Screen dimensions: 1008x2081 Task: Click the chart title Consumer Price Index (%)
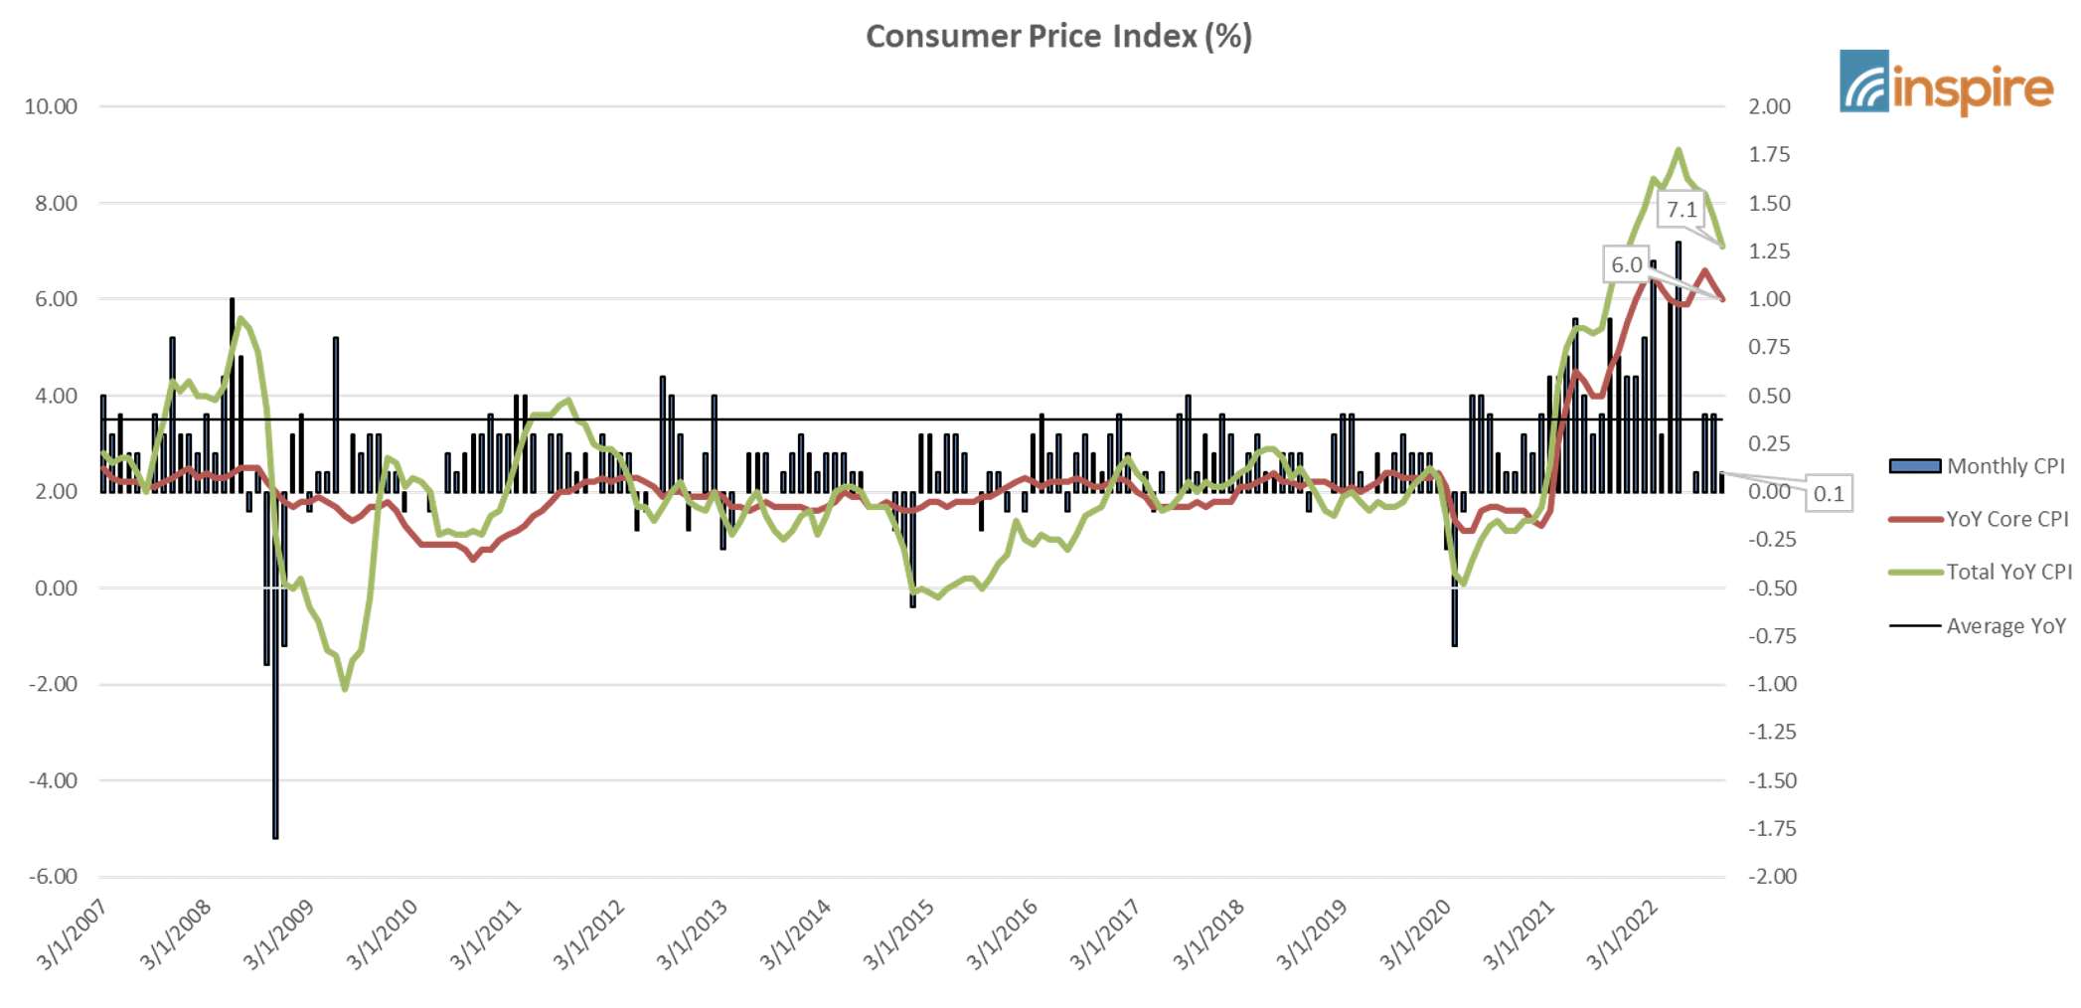pyautogui.click(x=1058, y=37)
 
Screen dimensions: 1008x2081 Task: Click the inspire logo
pyautogui.click(x=1946, y=84)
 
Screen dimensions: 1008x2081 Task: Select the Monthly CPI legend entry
pyautogui.click(x=1977, y=466)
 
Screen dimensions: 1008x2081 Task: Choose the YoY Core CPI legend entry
pyautogui.click(x=1979, y=519)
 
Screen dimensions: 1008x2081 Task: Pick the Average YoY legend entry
pyautogui.click(x=1977, y=626)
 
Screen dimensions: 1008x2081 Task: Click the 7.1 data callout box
pyautogui.click(x=1681, y=210)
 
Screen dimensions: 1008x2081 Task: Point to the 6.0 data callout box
pyautogui.click(x=1626, y=265)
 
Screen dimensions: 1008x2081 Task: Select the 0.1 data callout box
pyautogui.click(x=1829, y=494)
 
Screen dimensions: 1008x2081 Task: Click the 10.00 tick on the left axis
pyautogui.click(x=51, y=106)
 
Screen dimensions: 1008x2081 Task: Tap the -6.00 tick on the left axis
pyautogui.click(x=53, y=877)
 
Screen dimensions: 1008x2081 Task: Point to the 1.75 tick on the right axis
pyautogui.click(x=1769, y=155)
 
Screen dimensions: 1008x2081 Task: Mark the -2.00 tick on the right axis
pyautogui.click(x=1772, y=877)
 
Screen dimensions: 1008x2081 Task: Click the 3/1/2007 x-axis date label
pyautogui.click(x=72, y=934)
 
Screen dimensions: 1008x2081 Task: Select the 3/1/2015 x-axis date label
pyautogui.click(x=898, y=934)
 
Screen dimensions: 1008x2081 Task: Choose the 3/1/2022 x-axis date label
pyautogui.click(x=1622, y=934)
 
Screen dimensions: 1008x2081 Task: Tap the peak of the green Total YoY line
pyautogui.click(x=1679, y=151)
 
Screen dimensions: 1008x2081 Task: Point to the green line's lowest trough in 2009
pyautogui.click(x=345, y=688)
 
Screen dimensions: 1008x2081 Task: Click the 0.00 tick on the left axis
pyautogui.click(x=56, y=588)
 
